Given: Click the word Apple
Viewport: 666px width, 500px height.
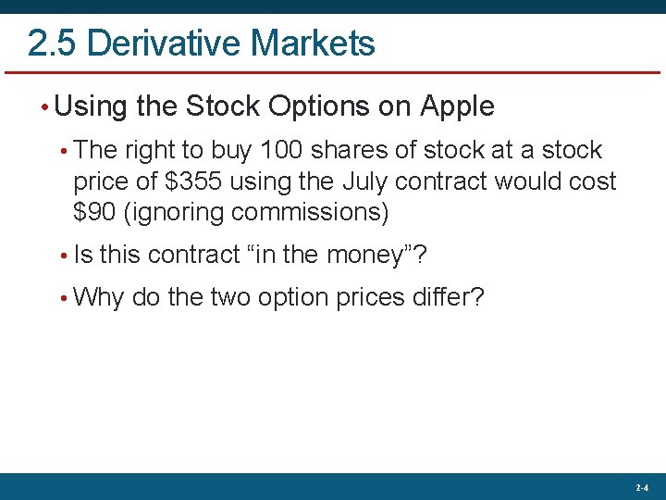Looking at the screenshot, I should tap(457, 106).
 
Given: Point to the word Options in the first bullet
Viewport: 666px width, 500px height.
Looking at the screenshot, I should tap(316, 106).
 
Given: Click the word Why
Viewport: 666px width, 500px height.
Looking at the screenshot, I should tap(98, 297).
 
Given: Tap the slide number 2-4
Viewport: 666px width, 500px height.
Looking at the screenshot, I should tap(642, 487).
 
